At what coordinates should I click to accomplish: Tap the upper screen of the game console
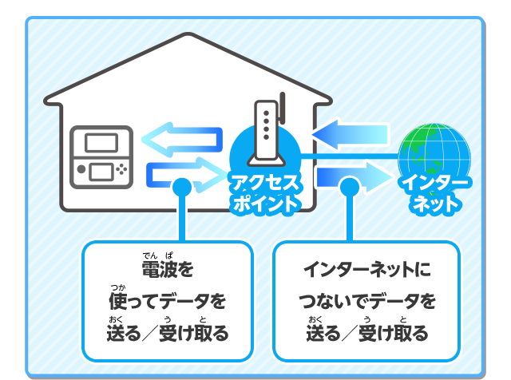[100, 144]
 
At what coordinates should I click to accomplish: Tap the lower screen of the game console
[100, 171]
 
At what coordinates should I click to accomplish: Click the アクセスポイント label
[265, 192]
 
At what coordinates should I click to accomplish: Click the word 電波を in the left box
[167, 269]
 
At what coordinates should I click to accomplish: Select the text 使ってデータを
[167, 301]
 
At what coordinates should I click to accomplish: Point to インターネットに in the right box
[366, 270]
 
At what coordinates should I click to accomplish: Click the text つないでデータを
[366, 301]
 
